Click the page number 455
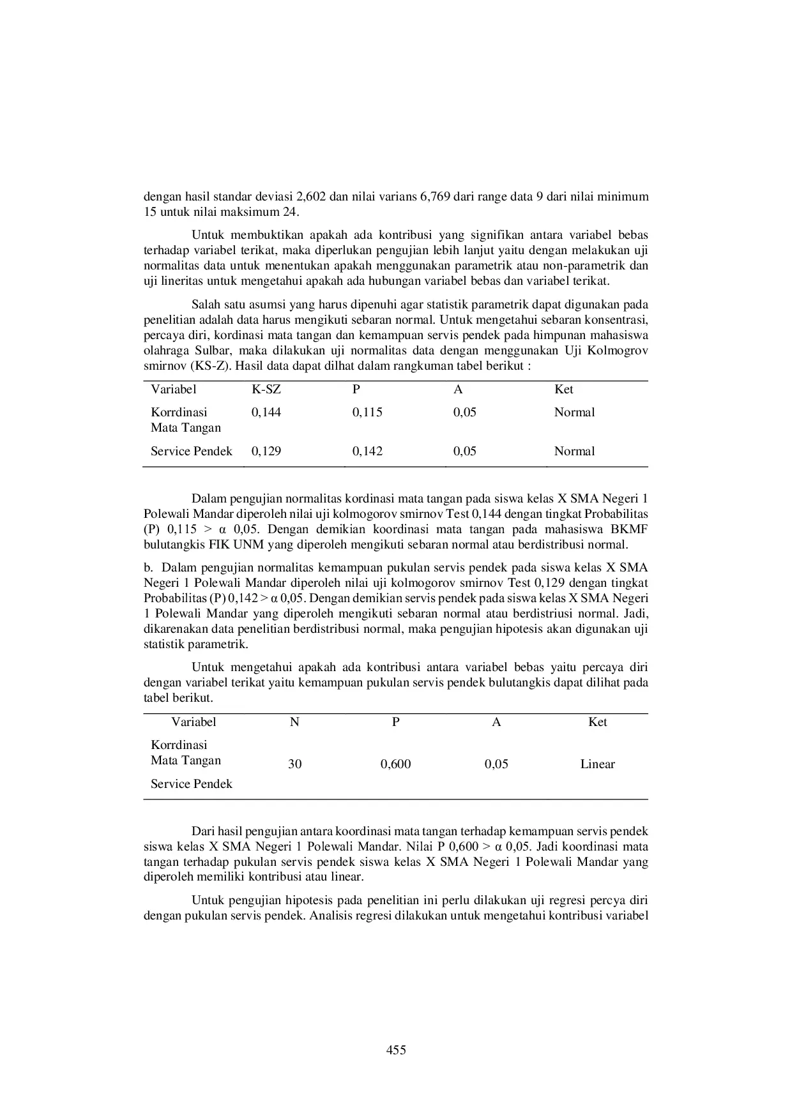pos(396,1050)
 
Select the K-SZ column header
pos(266,390)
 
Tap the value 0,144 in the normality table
pos(266,412)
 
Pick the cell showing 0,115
pos(367,412)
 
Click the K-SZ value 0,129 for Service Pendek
pos(266,451)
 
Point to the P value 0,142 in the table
pos(367,451)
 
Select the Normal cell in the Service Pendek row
pos(574,451)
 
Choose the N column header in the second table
pos(294,722)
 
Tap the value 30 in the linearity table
pos(294,764)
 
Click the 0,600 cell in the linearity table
pos(395,764)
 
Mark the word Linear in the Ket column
pos(597,764)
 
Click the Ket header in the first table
pos(563,390)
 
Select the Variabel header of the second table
pos(194,722)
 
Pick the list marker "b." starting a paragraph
pos(148,568)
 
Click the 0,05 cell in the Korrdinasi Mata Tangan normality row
pos(465,412)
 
